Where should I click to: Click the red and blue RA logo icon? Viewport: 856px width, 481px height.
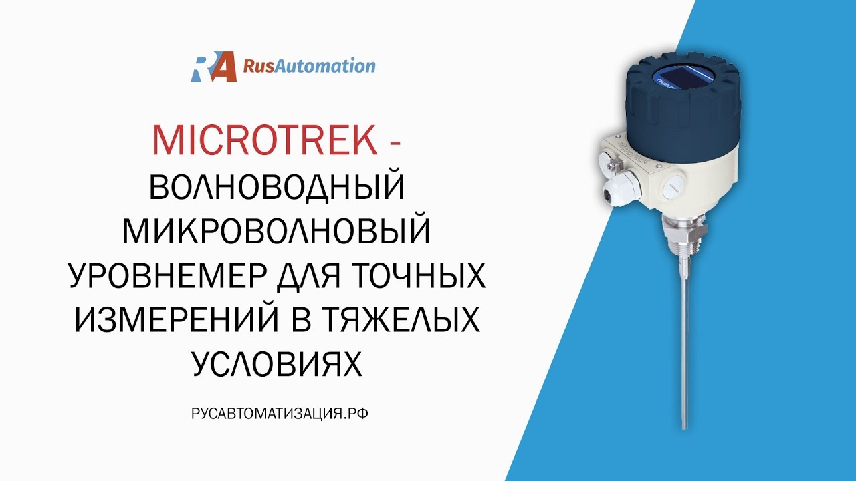214,67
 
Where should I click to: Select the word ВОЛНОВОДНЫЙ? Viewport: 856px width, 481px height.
278,188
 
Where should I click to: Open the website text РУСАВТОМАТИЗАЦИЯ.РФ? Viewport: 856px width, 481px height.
280,414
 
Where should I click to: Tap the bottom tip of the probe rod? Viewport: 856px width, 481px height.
683,426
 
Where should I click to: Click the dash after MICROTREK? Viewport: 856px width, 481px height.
394,140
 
